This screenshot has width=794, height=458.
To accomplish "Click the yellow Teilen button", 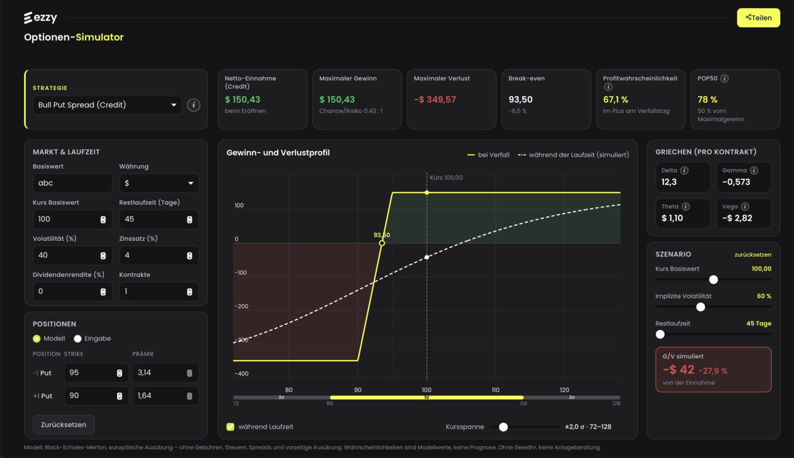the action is [758, 18].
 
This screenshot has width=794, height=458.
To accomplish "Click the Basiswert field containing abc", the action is [73, 183].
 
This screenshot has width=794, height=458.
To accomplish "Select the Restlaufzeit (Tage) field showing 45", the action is [159, 219].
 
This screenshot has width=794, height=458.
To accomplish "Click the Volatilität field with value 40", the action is [73, 255].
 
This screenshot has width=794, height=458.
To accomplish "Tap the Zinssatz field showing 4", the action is [159, 255].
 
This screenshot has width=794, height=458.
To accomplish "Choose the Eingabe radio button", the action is [78, 339].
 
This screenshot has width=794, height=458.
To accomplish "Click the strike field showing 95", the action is [96, 372].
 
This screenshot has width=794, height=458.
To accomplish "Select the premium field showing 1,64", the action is [166, 395].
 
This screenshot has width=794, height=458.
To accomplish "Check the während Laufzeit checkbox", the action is [230, 427].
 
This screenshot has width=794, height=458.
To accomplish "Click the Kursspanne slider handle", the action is [503, 427].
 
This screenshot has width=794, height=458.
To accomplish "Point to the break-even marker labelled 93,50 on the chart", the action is [381, 243].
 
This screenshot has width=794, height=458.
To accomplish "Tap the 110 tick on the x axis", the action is [496, 390].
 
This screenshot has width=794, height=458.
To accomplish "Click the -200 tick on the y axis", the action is [241, 307].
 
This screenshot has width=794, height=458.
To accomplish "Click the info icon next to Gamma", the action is [754, 171].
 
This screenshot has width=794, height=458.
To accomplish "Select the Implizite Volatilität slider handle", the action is [700, 307].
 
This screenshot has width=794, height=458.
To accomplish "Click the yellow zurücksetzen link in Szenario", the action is [752, 254].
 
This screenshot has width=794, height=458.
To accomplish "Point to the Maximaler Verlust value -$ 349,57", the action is [435, 100].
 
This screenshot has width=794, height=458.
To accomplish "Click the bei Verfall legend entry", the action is [488, 155].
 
